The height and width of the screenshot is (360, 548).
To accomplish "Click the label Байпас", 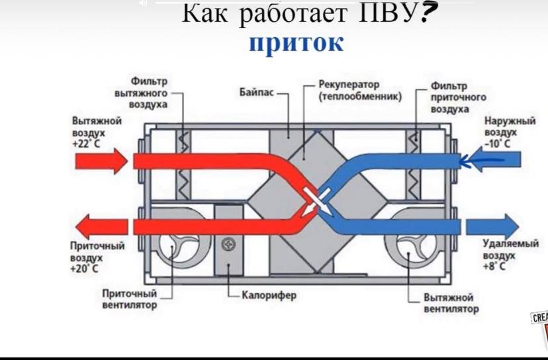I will [256, 92].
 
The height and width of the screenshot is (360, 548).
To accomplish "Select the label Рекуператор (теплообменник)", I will [359, 90].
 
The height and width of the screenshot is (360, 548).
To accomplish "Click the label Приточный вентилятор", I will [130, 299].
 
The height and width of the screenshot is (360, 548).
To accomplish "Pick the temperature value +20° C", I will [84, 269].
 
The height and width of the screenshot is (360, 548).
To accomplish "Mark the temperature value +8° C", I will [494, 266].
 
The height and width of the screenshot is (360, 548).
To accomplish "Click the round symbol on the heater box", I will [229, 244].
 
